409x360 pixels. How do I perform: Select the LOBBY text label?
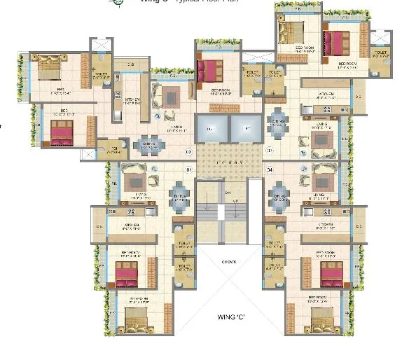(x=221, y=160)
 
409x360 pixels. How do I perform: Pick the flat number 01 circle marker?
(x=188, y=168)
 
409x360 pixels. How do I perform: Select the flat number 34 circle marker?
(x=269, y=169)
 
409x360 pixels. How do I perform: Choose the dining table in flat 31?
(x=278, y=120)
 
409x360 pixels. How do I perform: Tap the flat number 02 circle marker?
(x=188, y=151)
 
